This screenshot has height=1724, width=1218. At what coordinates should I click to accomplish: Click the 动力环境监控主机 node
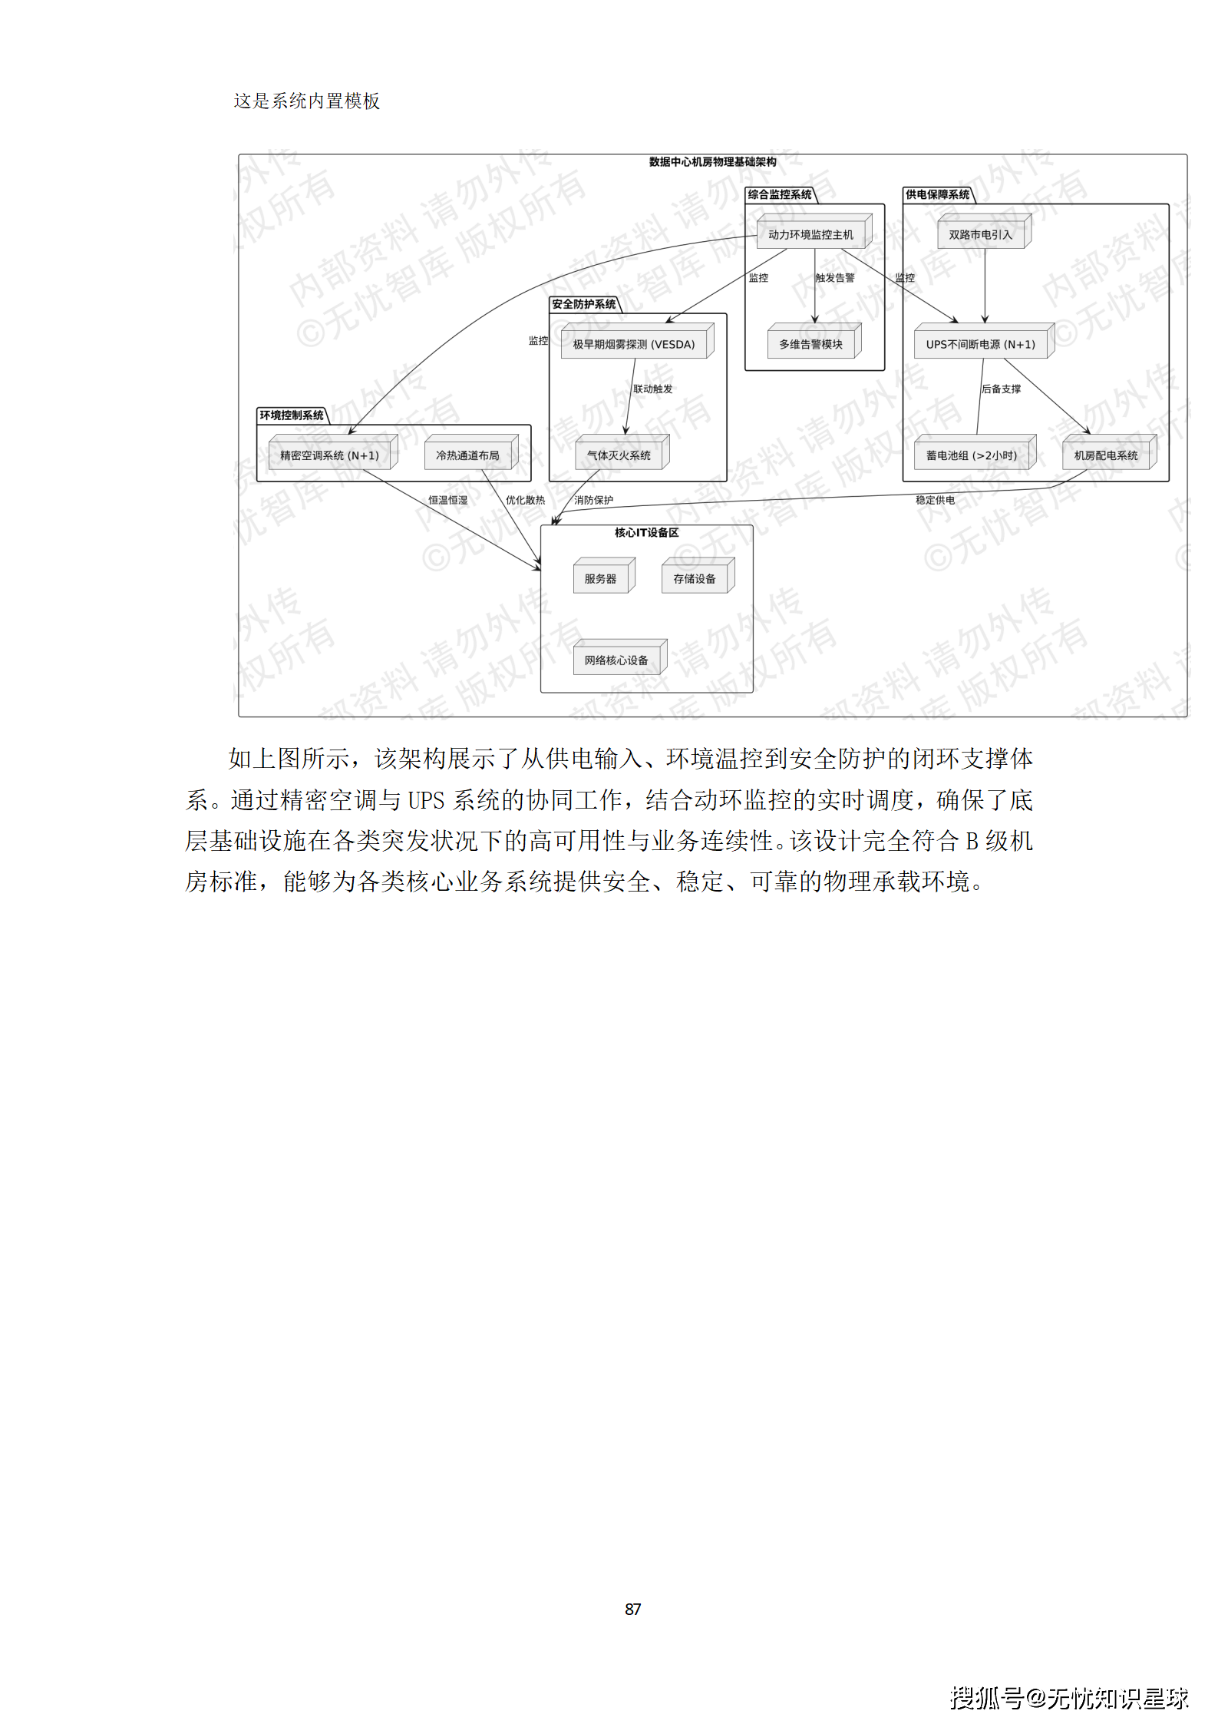point(810,235)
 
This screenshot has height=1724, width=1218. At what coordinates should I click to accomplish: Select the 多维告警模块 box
point(810,345)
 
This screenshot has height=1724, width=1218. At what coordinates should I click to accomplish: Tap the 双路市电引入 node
point(980,235)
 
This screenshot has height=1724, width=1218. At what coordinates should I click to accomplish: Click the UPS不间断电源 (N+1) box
point(980,345)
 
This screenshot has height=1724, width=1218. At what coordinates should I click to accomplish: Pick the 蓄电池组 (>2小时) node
point(971,455)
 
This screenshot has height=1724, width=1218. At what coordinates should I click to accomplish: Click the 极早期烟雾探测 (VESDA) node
point(633,345)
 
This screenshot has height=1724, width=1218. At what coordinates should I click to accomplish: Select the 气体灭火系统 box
point(619,455)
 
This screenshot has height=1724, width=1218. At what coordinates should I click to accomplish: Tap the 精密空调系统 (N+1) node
point(329,455)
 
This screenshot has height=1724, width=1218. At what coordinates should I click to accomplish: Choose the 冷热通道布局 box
point(467,455)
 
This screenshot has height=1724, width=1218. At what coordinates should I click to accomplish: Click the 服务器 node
point(600,579)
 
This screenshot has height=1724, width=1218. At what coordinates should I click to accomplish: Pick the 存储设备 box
point(694,579)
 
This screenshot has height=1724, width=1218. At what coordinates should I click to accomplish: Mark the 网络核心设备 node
point(616,660)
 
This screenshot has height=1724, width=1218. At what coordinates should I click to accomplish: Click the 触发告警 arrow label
point(834,278)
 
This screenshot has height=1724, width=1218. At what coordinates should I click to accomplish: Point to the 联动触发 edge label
point(652,389)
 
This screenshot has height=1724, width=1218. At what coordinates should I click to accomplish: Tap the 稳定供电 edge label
point(935,501)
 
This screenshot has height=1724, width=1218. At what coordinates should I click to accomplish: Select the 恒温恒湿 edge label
point(447,501)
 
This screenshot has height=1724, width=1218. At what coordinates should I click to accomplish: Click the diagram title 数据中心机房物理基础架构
point(712,162)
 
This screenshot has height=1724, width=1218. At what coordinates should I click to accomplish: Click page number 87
point(632,1609)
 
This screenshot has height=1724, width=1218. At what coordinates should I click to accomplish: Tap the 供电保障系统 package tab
point(937,195)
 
